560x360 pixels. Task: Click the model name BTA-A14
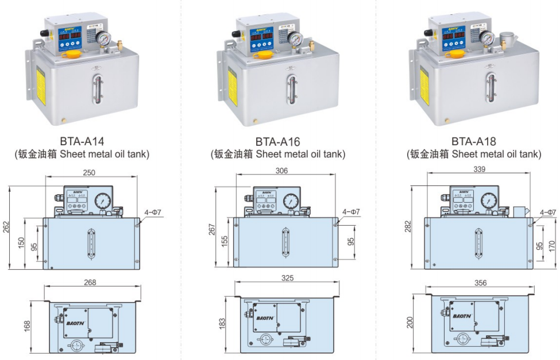tap(82, 141)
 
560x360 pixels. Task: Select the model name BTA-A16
tap(278, 141)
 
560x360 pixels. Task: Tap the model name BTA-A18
tap(473, 141)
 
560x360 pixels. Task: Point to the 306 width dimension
tap(282, 171)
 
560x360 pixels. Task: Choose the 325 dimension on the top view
tap(287, 278)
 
